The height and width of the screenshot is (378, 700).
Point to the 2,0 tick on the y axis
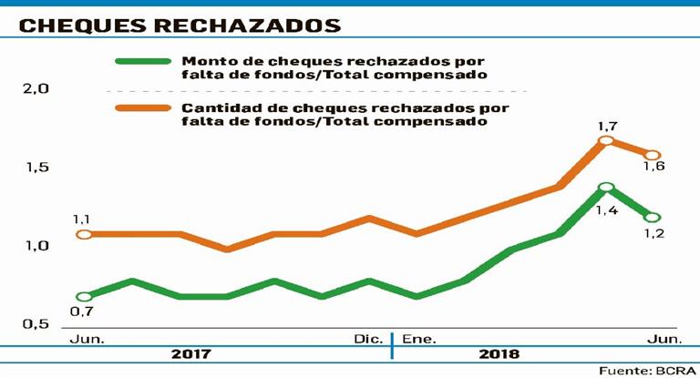[36, 89]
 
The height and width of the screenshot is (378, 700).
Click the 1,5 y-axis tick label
[36, 169]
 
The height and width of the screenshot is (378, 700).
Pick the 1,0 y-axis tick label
[36, 246]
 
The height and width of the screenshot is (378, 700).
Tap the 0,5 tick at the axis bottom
[36, 324]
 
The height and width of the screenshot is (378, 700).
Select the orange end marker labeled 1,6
[652, 156]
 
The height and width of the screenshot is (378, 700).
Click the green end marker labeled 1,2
[652, 217]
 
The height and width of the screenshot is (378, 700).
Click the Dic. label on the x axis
[368, 339]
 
